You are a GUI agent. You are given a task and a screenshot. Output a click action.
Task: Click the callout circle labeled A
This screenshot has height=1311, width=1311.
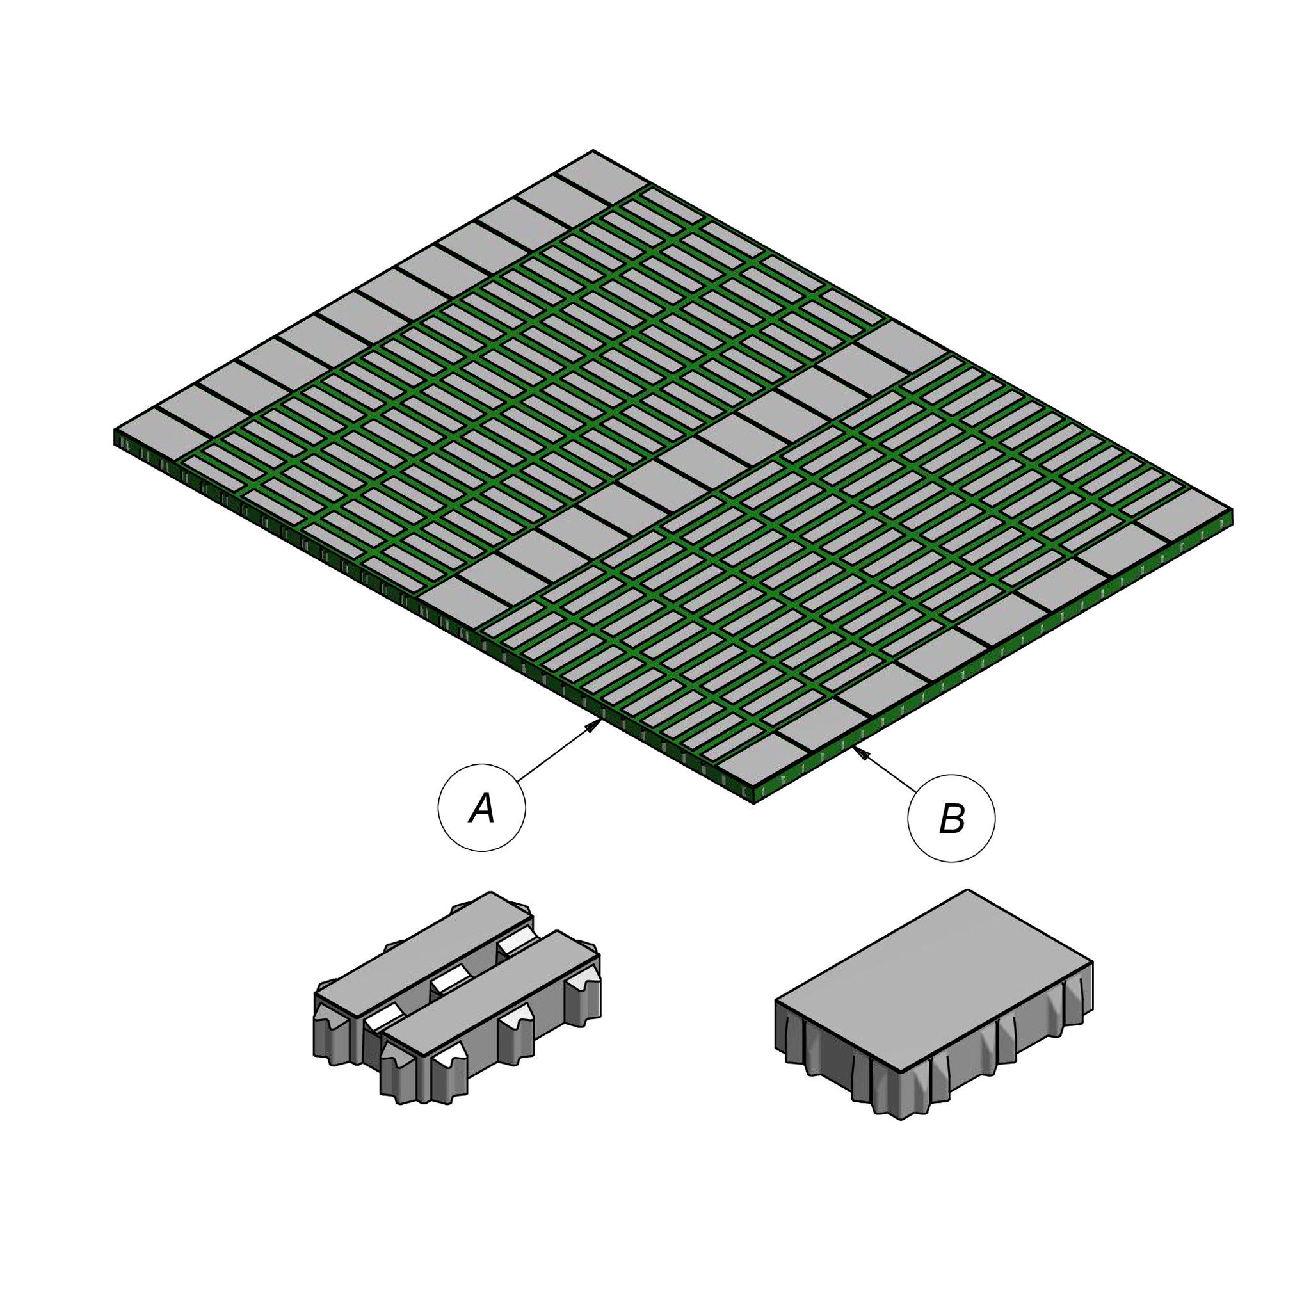(482, 807)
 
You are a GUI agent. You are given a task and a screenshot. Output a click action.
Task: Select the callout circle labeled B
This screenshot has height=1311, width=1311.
(951, 818)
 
